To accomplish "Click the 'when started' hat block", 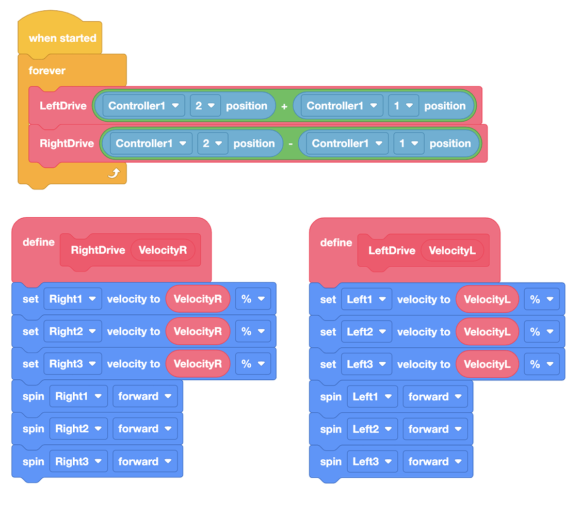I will click(62, 38).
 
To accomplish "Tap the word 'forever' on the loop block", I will click(47, 71).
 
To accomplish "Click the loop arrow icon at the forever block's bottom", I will click(114, 173).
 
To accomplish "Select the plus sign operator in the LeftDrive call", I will click(284, 106).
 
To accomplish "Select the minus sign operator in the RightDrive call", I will click(290, 144).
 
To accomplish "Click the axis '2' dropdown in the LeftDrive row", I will click(205, 106).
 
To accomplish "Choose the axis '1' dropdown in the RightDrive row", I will click(409, 143).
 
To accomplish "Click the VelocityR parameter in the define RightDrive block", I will click(163, 250).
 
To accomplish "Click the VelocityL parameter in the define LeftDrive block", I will click(452, 251).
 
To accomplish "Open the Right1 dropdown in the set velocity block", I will click(72, 299).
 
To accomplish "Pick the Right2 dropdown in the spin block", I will click(78, 429).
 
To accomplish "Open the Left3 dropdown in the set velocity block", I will click(366, 364).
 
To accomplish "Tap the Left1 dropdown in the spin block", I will click(372, 397).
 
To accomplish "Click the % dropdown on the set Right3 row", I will click(253, 364).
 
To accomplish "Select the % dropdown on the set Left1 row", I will click(542, 299).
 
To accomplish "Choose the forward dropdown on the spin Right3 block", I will click(145, 461).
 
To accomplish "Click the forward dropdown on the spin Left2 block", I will click(435, 429).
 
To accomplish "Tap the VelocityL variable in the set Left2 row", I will click(487, 332).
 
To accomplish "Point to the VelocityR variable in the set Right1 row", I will click(198, 299).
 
